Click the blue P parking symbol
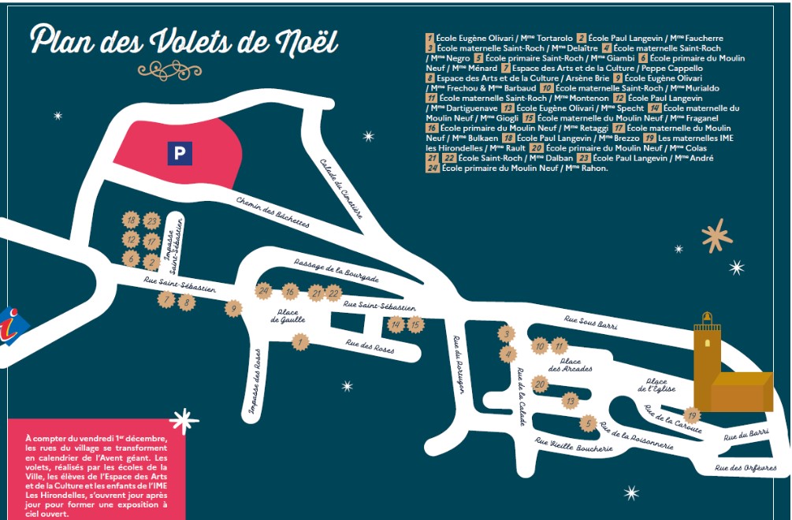click(x=179, y=153)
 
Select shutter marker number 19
click(x=691, y=415)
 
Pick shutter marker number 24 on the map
click(x=263, y=291)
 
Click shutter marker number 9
click(x=232, y=308)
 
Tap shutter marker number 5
click(x=587, y=424)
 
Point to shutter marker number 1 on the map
click(x=299, y=342)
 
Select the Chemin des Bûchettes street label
click(x=273, y=212)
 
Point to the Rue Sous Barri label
click(x=590, y=322)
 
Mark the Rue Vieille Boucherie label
click(x=573, y=445)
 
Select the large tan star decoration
click(x=716, y=235)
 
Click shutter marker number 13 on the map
click(x=569, y=401)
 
